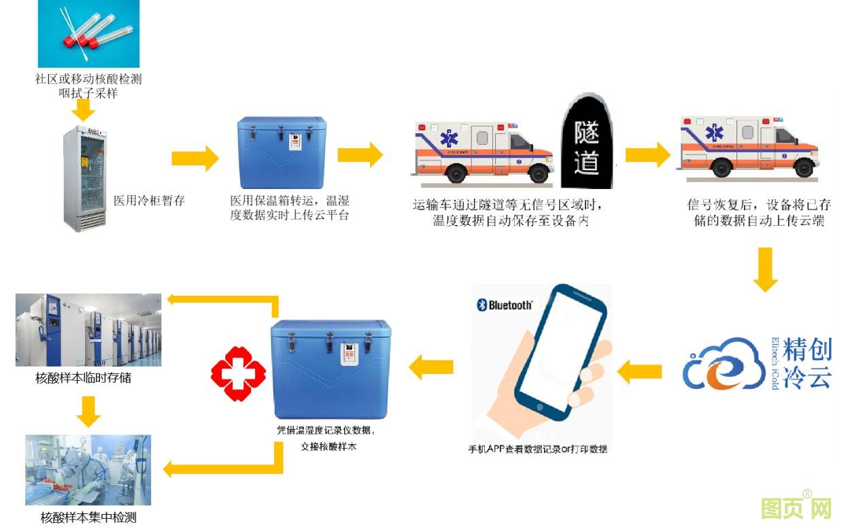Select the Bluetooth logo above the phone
(x=505, y=305)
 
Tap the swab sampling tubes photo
(x=88, y=33)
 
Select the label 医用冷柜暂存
(x=149, y=201)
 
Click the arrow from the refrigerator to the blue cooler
(x=195, y=158)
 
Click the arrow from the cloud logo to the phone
(x=639, y=371)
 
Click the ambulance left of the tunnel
(x=482, y=152)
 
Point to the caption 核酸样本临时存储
(x=84, y=377)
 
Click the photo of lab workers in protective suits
(x=88, y=470)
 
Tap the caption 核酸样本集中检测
(x=88, y=517)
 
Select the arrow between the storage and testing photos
(x=88, y=410)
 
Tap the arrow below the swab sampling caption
(x=84, y=109)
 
